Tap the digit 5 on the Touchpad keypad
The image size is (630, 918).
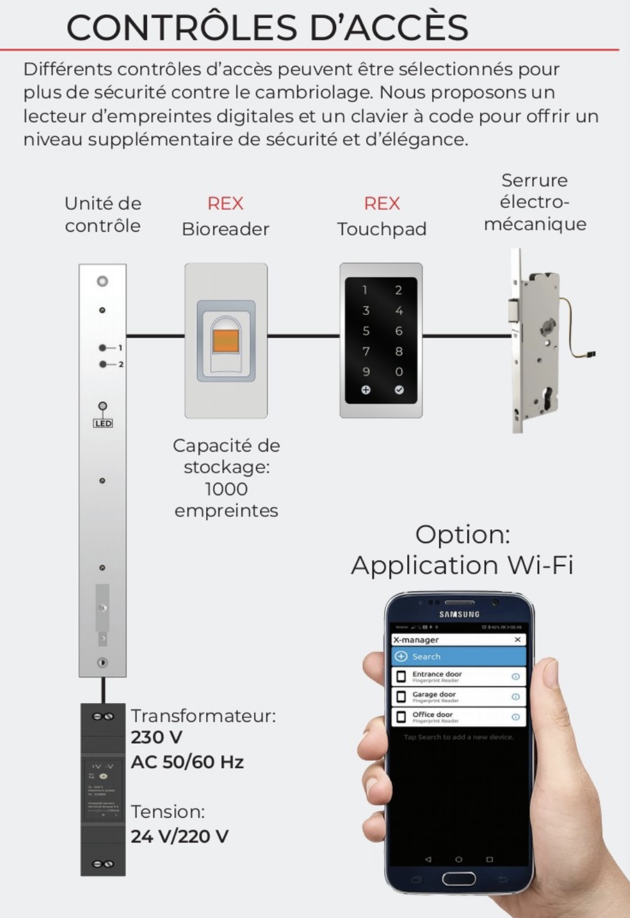[366, 331]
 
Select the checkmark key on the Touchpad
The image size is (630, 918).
[399, 390]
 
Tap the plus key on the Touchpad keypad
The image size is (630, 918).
[366, 390]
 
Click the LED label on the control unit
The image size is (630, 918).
[103, 424]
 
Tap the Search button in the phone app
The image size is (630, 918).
[458, 656]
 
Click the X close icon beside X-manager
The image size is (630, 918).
[517, 640]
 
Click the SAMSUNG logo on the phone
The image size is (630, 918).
[459, 615]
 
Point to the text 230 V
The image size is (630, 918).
[156, 737]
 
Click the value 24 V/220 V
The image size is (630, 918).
[179, 836]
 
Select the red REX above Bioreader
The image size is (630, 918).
[225, 204]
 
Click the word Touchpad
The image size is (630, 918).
[382, 229]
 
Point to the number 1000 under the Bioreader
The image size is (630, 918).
[226, 489]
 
